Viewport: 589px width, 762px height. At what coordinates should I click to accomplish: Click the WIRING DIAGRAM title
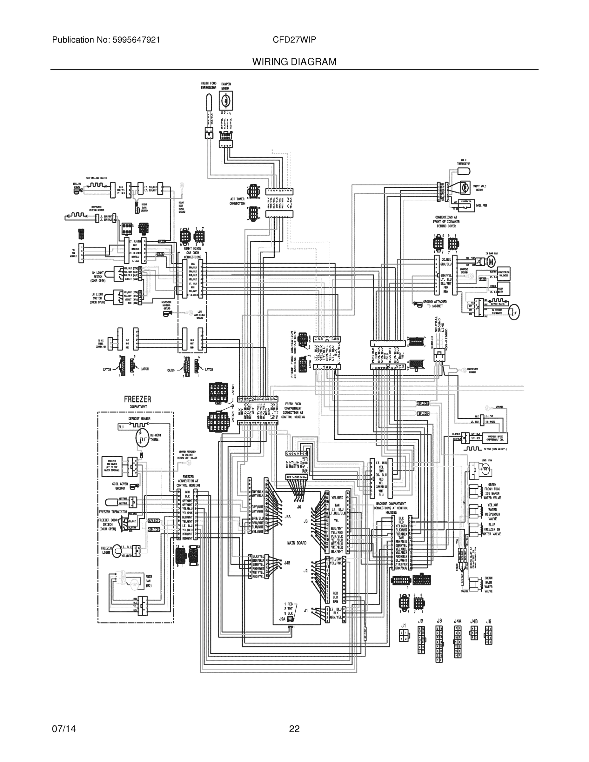click(x=294, y=62)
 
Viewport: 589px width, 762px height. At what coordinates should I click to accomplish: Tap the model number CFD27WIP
click(x=294, y=40)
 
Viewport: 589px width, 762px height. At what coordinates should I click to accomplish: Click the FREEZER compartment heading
click(x=137, y=399)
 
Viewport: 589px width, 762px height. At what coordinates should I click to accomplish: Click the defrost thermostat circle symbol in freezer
click(x=142, y=438)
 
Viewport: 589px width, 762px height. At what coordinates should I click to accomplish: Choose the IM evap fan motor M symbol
click(x=491, y=261)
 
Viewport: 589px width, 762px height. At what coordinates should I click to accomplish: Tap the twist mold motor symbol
click(x=465, y=187)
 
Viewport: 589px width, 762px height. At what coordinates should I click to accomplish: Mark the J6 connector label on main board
click(x=299, y=507)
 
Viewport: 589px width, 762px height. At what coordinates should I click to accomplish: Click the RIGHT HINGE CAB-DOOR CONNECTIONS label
click(x=193, y=253)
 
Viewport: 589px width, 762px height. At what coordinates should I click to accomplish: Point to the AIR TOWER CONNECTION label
click(x=237, y=201)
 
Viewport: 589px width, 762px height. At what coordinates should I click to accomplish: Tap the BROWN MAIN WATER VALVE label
click(x=489, y=585)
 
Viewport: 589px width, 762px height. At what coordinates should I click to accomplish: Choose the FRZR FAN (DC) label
click(x=149, y=581)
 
